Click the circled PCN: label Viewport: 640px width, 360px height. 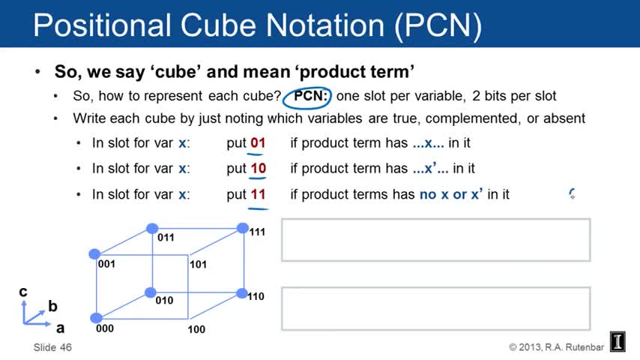point(310,96)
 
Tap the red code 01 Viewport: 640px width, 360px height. point(258,143)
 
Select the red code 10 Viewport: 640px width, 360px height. point(258,168)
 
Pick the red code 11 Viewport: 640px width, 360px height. point(258,194)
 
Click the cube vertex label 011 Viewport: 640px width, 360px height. point(166,238)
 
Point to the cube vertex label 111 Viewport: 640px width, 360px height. point(257,232)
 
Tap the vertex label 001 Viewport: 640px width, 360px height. point(106,264)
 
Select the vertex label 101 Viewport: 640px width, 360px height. point(198,265)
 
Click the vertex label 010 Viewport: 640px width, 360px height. point(164,300)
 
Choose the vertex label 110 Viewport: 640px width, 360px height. point(256,296)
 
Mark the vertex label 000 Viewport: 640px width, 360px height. point(105,328)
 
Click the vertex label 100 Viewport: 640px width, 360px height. point(196,329)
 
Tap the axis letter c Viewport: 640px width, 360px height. point(23,292)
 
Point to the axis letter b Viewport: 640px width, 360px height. point(52,306)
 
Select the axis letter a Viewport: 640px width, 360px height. point(61,328)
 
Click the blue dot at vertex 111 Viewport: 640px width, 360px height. point(243,228)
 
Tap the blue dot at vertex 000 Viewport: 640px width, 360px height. point(96,318)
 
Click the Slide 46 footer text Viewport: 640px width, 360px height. point(52,347)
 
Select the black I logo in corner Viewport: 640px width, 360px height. point(618,341)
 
